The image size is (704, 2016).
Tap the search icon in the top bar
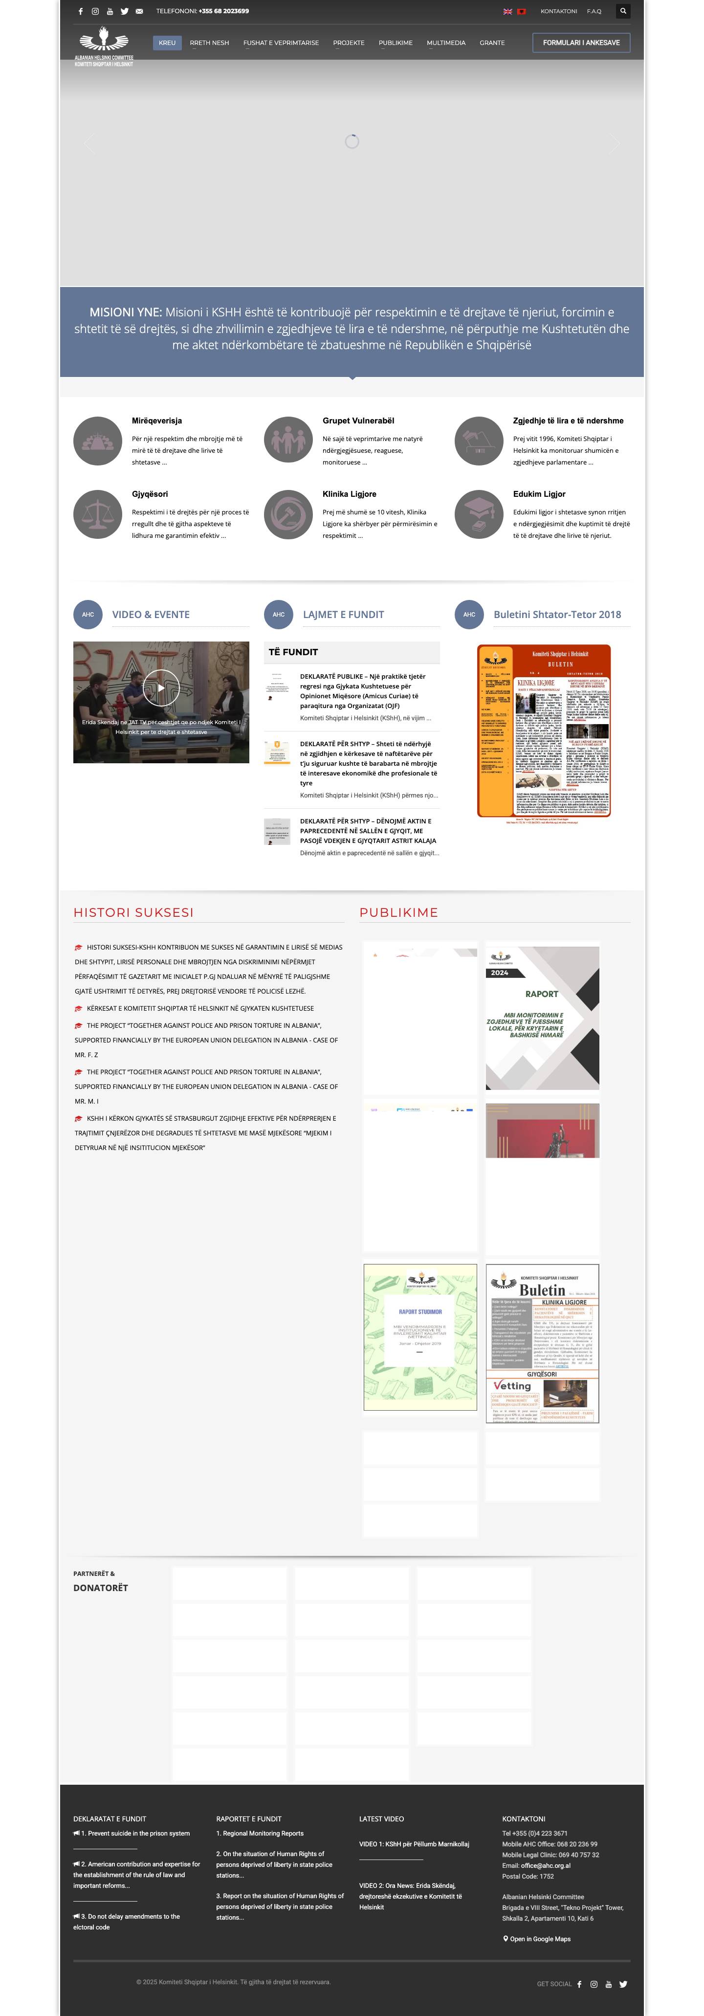point(623,11)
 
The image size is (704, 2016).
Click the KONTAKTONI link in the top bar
point(558,11)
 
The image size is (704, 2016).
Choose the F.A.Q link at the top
point(594,11)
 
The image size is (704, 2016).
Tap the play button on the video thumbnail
point(161,688)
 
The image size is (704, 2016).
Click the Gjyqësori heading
point(150,494)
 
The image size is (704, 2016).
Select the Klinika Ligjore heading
point(349,494)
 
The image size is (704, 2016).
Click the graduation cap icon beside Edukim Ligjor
point(479,514)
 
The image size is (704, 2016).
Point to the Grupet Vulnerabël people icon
point(288,441)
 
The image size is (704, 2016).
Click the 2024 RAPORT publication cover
point(542,1018)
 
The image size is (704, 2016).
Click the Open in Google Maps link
point(540,1939)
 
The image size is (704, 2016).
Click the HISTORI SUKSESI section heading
point(134,912)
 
